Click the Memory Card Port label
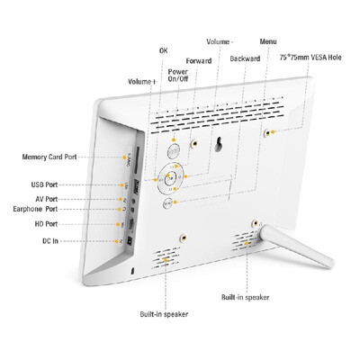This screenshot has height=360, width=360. pos(49,157)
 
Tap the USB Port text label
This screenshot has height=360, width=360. pos(44,184)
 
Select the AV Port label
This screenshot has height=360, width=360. pos(47,199)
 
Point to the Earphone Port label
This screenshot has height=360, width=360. pos(35,209)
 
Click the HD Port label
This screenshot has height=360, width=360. pos(46,224)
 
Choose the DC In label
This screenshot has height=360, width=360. pos(50,241)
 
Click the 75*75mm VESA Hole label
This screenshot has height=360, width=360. pos(310,57)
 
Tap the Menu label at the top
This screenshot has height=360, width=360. pos(268,41)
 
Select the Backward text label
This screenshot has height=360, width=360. pos(245,58)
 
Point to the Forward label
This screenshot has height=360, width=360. pos(199,61)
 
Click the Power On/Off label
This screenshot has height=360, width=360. pos(178,76)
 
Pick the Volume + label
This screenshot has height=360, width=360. pos(142,82)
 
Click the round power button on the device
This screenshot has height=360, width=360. pos(174,151)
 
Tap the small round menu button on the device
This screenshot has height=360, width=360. pos(168,203)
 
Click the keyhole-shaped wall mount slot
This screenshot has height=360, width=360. pos(219,144)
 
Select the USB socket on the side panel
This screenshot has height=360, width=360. pos(136,186)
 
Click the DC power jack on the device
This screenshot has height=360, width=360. pos(130,241)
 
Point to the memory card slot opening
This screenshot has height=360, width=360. pos(138,160)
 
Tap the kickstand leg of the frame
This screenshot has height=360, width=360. pos(296,246)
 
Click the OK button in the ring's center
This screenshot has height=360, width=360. pos(170,178)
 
